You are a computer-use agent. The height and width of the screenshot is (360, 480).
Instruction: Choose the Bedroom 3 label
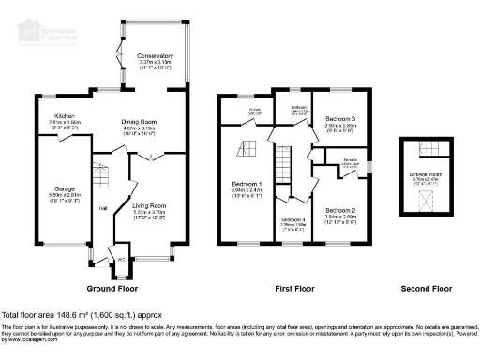(x=341, y=119)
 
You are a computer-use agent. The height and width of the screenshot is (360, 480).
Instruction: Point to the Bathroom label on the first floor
(x=300, y=108)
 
